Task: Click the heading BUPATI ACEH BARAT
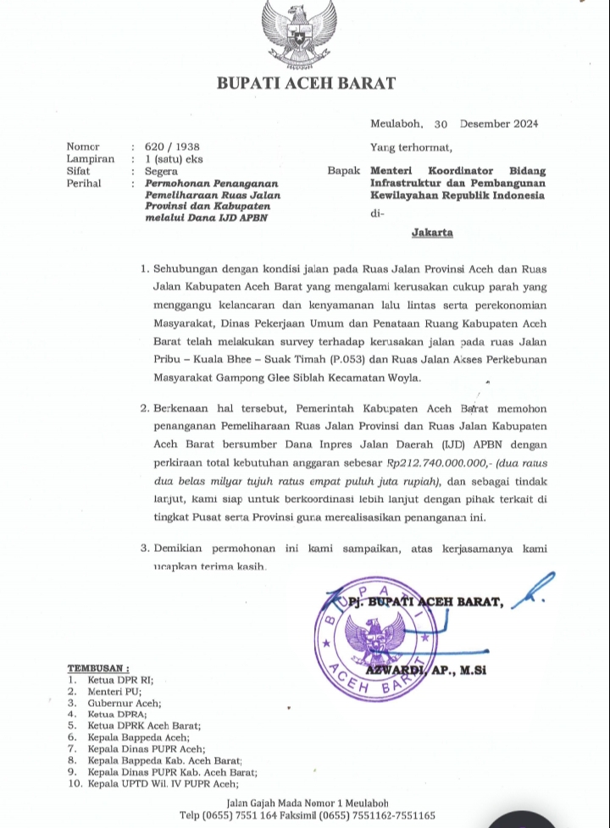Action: click(x=306, y=83)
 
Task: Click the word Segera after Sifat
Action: click(x=162, y=170)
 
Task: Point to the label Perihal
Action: click(x=84, y=182)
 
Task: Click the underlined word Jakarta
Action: click(x=432, y=231)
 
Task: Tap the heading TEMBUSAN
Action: click(x=98, y=667)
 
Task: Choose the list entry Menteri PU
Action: click(x=108, y=691)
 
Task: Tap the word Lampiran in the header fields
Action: click(x=89, y=158)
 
